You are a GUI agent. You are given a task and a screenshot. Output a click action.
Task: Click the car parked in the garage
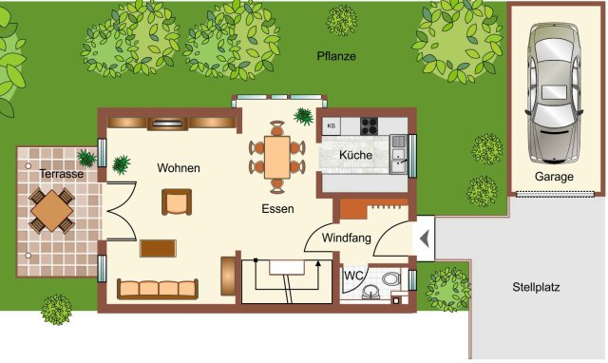(555, 92)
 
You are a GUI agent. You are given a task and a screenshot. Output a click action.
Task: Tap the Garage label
(554, 177)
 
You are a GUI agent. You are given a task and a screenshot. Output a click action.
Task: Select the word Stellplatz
(536, 287)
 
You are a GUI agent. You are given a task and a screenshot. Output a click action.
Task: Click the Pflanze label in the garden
(336, 56)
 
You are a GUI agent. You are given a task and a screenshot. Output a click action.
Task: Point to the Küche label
(355, 155)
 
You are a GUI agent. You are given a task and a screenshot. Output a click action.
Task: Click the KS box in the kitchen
(332, 126)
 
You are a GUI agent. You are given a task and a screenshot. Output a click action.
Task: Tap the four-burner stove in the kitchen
(369, 126)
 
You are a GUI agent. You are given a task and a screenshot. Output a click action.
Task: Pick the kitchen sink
(398, 154)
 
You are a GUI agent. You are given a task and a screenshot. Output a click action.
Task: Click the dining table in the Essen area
(276, 157)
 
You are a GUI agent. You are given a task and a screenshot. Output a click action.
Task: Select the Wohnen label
(179, 168)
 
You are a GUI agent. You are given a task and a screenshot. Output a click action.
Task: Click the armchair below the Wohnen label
(177, 202)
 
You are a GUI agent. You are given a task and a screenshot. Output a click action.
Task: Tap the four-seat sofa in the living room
(158, 289)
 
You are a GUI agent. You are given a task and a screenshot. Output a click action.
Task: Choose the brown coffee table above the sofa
(158, 249)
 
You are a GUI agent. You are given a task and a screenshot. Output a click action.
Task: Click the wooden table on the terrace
(51, 211)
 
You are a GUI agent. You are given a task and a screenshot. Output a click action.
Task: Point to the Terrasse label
(62, 174)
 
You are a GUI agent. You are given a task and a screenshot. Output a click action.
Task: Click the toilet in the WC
(391, 278)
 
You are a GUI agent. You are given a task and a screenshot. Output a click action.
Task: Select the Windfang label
(346, 238)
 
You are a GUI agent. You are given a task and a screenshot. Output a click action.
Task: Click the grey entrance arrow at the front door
(425, 239)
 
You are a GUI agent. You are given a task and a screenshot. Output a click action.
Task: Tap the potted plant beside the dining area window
(303, 116)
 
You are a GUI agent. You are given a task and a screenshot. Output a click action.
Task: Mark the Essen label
(277, 209)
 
